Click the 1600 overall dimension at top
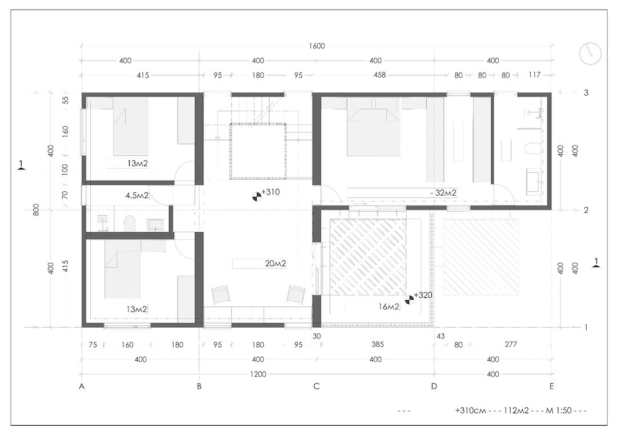coord(316,46)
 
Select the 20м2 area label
coord(275,264)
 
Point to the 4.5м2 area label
coord(137,195)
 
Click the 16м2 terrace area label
coord(389,306)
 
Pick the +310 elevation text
coord(270,192)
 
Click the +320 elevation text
coord(423,295)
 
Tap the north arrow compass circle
coord(590,54)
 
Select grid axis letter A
coord(82,386)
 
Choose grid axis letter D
coord(434,386)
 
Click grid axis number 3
coord(586,93)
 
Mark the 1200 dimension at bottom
coord(258,374)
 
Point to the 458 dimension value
coord(380,75)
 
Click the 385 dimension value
coord(378,344)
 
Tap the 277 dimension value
coord(511,344)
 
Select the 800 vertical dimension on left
coord(36,210)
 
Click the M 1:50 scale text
coord(559,410)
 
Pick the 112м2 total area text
coord(516,410)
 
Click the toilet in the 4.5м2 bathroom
coord(130,223)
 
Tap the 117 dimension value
coord(534,75)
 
